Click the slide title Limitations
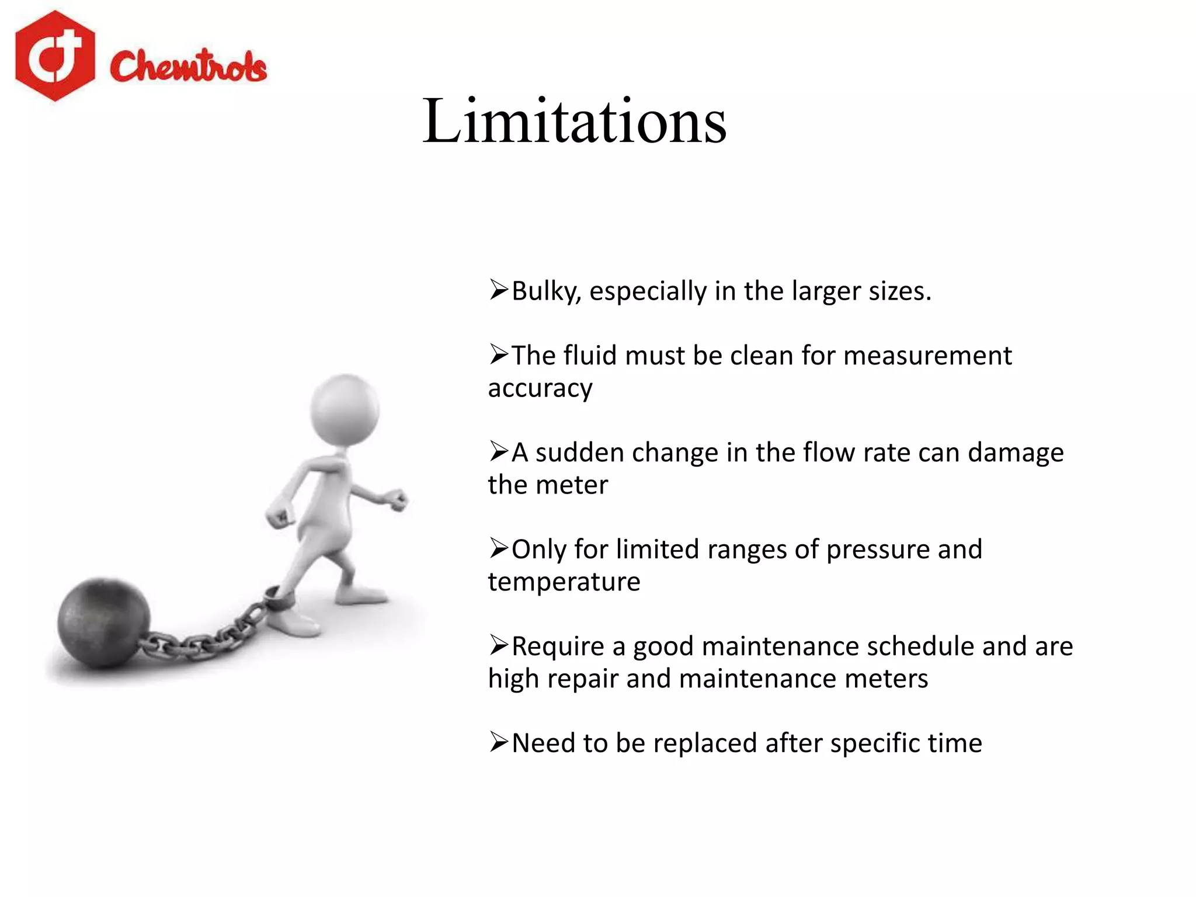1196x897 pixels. (x=575, y=121)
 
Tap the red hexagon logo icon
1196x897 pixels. (x=55, y=56)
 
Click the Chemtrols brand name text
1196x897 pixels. (x=188, y=65)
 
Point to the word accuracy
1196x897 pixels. (x=540, y=388)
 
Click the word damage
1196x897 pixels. (x=1016, y=453)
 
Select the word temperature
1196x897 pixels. (x=564, y=582)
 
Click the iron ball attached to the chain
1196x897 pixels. (x=103, y=622)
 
